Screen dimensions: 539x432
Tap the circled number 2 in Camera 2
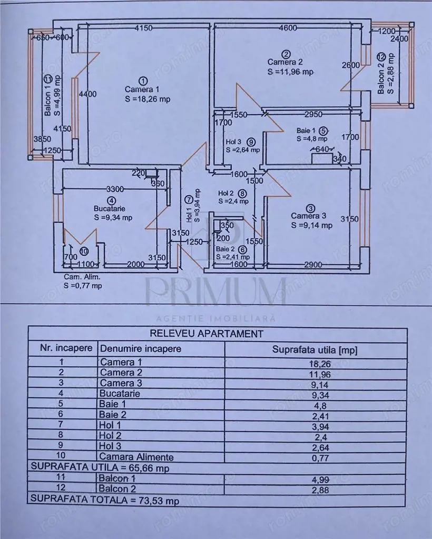(x=286, y=54)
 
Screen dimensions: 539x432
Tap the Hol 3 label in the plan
(x=234, y=142)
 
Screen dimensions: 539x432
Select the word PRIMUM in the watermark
(x=215, y=290)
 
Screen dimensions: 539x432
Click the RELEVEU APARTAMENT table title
(x=207, y=333)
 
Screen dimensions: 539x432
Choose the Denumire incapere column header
(x=140, y=348)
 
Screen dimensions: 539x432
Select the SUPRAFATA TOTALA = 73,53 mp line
(x=105, y=501)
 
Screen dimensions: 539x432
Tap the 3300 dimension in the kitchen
(x=115, y=188)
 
